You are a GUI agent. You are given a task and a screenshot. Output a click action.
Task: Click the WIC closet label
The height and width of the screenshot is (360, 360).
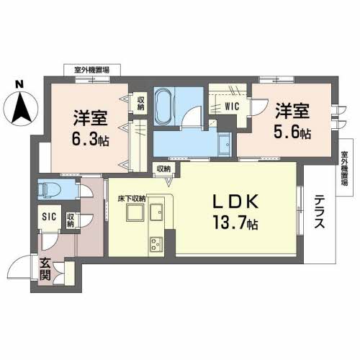coord(231,106)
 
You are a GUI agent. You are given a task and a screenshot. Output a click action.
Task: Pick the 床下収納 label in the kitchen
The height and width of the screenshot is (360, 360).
coord(133,197)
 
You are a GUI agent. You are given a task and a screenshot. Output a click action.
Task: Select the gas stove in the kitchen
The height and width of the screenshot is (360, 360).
coord(156,245)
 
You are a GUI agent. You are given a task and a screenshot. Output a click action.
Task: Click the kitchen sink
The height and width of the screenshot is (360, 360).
coord(157,212)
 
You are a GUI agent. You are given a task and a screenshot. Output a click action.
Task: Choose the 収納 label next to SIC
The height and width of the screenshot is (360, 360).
coord(71,220)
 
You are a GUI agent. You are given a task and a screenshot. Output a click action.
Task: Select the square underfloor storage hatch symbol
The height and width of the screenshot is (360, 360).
coord(133,213)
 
